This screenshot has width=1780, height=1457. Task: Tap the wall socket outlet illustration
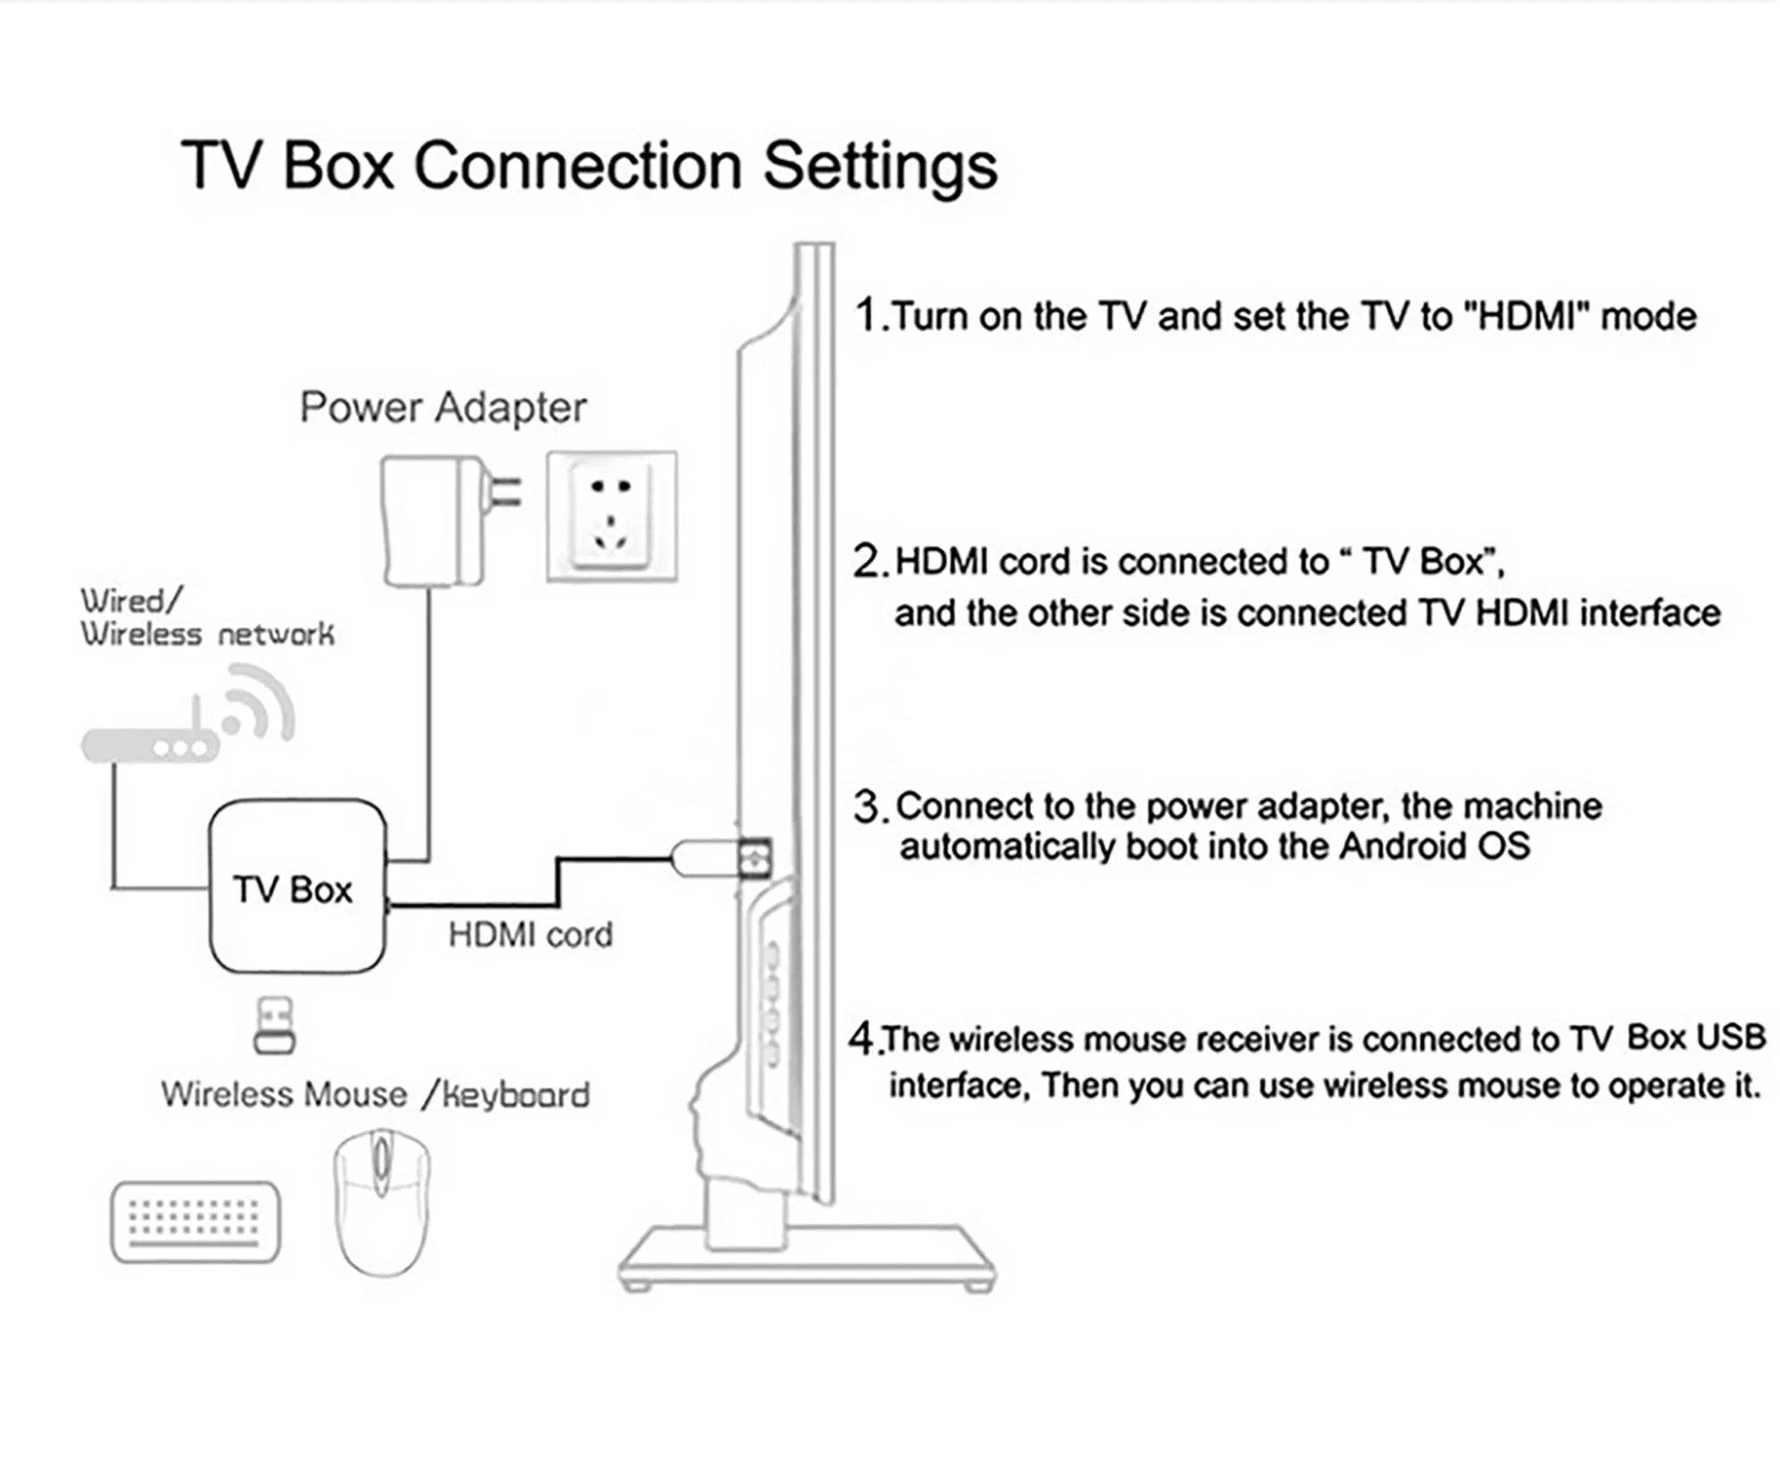click(x=611, y=517)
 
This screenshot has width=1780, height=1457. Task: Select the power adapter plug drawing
click(x=434, y=521)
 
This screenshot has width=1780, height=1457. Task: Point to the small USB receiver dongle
click(x=274, y=1025)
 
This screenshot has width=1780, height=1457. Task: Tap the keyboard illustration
click(x=195, y=1220)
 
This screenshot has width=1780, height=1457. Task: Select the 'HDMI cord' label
click(x=530, y=935)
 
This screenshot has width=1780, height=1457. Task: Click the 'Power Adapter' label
click(x=442, y=408)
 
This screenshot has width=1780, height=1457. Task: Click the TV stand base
click(x=805, y=1257)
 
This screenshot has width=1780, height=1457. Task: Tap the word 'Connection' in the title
click(x=578, y=166)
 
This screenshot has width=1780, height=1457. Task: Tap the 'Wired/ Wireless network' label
click(x=206, y=617)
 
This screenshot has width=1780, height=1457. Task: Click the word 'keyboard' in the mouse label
click(x=516, y=1095)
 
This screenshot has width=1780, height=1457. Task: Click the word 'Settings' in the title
click(x=880, y=166)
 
